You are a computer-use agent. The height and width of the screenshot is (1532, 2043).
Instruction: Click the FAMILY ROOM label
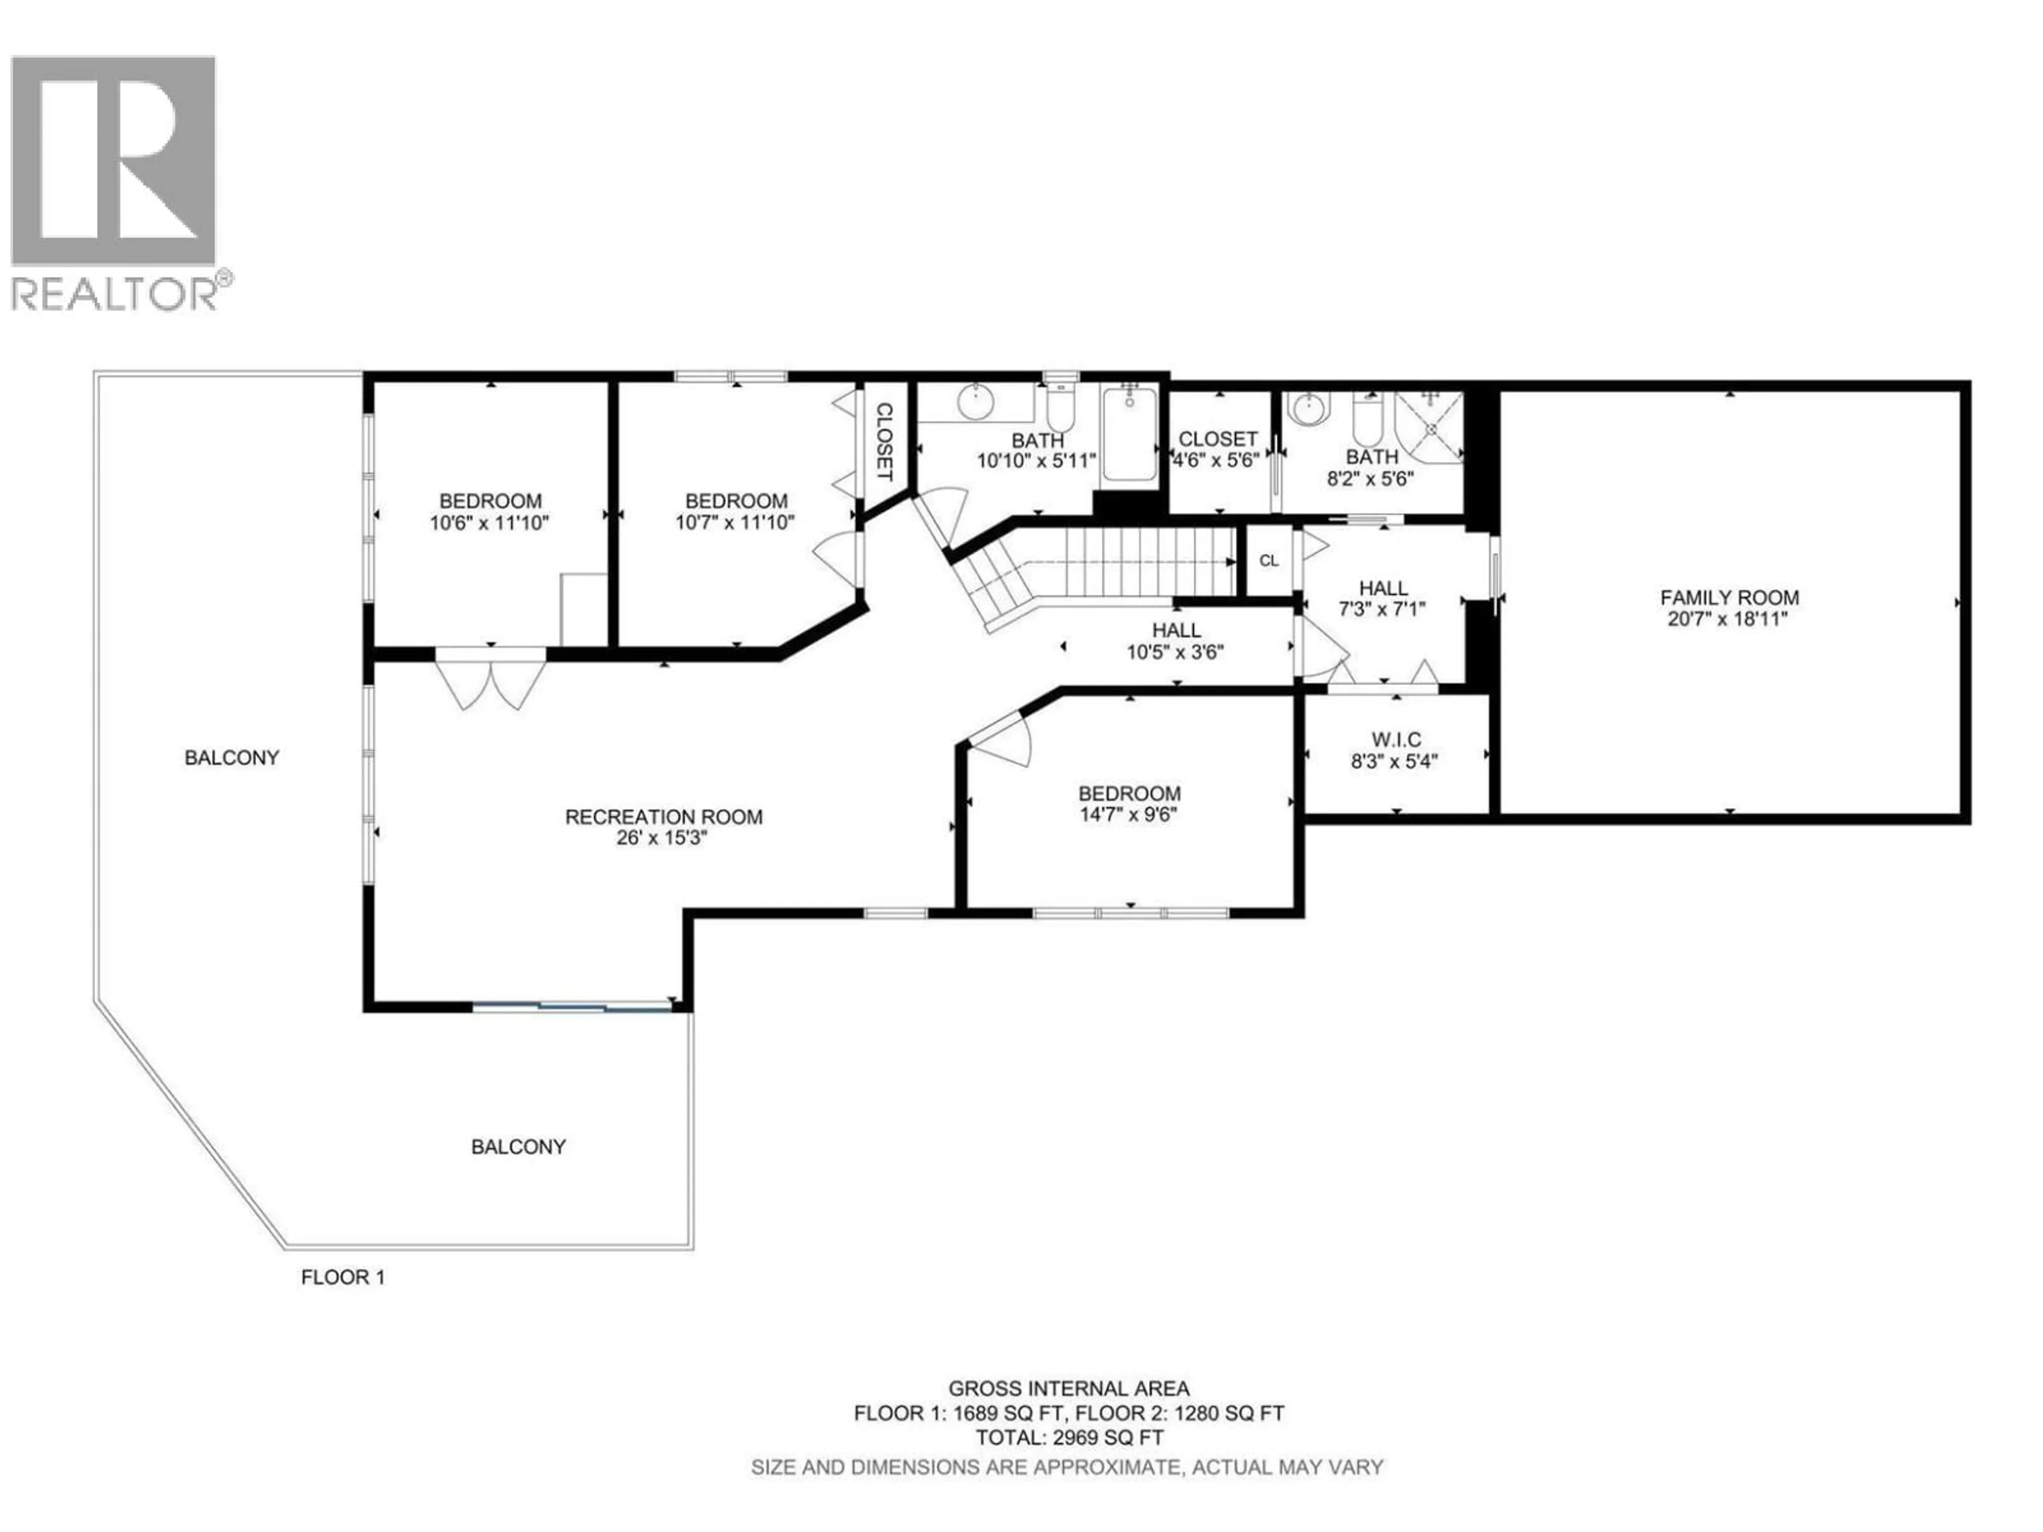pyautogui.click(x=1729, y=597)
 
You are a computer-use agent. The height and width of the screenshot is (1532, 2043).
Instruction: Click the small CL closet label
pyautogui.click(x=1269, y=561)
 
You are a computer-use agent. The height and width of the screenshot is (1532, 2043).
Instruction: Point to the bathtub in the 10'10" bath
pyautogui.click(x=1128, y=434)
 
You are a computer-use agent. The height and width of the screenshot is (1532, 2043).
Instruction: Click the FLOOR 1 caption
pyautogui.click(x=343, y=1277)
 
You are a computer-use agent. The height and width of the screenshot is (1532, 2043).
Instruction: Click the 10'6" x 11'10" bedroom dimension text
pyautogui.click(x=489, y=523)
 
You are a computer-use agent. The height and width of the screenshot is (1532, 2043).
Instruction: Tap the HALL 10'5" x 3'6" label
pyautogui.click(x=1176, y=641)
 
